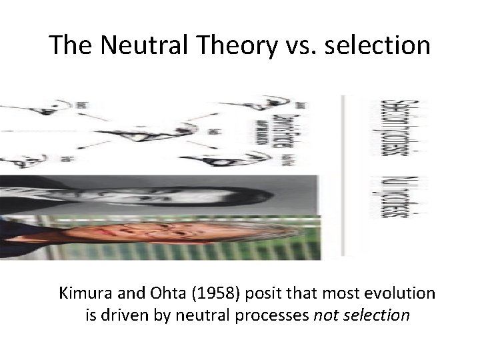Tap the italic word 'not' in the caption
click(325, 315)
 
